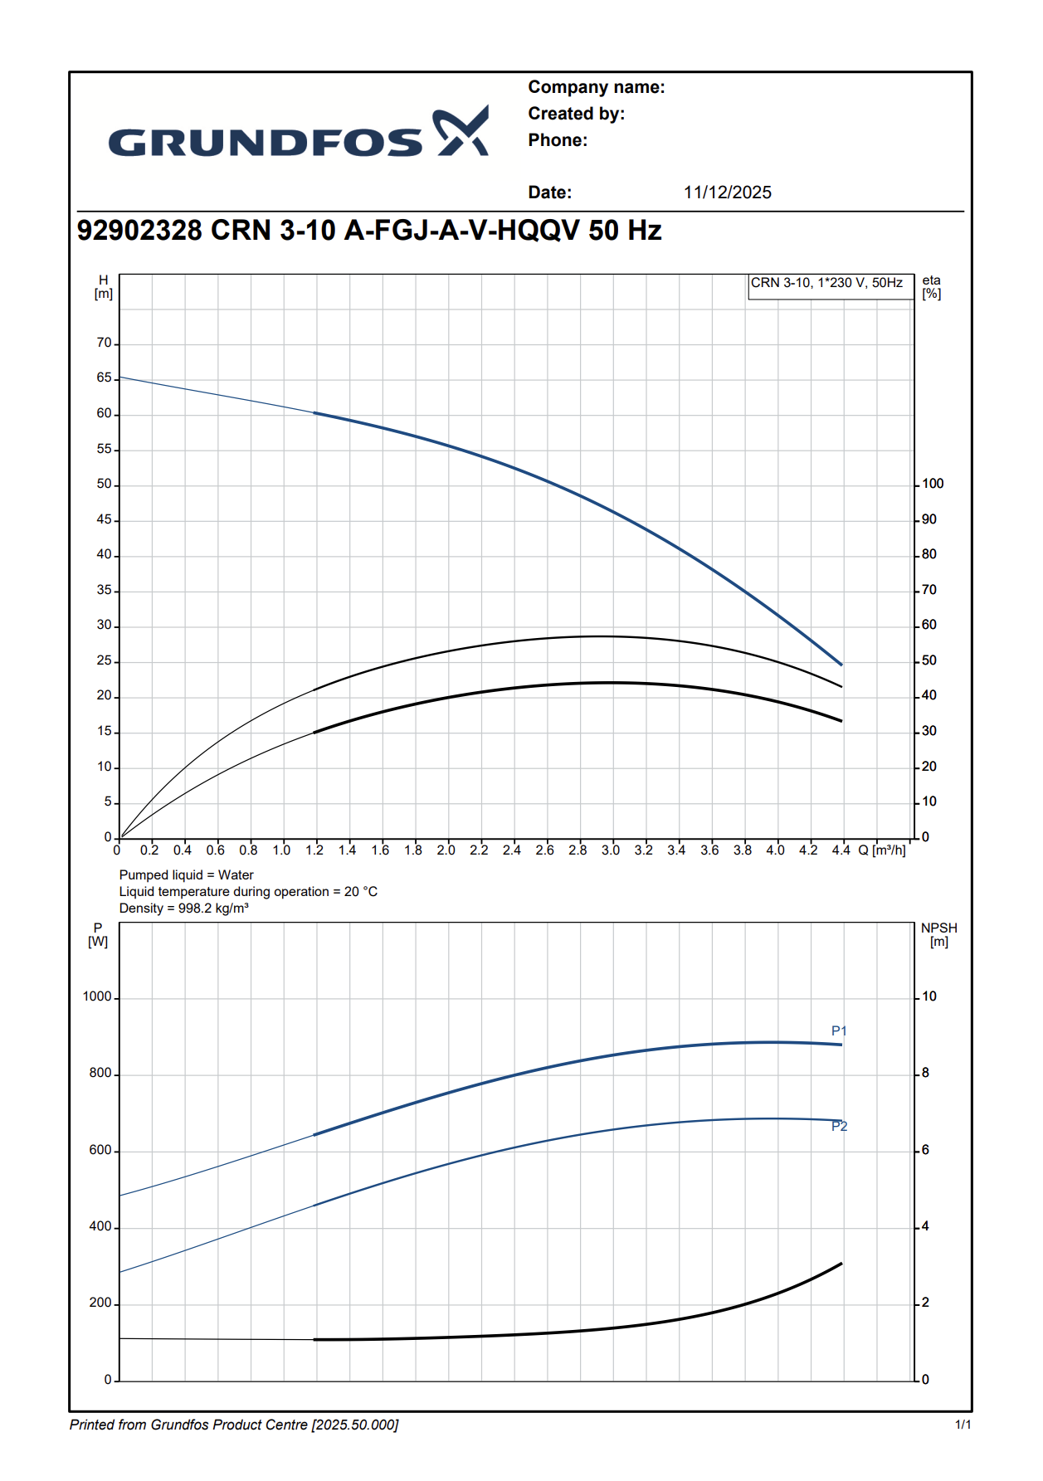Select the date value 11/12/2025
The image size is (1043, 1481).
point(727,192)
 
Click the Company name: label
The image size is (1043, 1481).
point(596,87)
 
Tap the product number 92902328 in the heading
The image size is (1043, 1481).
point(139,230)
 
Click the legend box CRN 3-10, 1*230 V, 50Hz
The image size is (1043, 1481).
point(826,283)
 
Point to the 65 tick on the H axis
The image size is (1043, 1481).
point(105,378)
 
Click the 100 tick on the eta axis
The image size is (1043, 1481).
point(933,484)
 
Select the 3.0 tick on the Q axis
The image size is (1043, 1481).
point(611,850)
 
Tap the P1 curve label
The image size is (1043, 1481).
point(839,1031)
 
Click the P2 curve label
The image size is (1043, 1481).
point(839,1126)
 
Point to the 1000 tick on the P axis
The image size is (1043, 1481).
point(97,996)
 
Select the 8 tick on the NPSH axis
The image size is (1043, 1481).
point(925,1073)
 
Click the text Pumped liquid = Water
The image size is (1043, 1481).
point(187,874)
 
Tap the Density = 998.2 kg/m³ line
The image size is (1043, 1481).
point(184,908)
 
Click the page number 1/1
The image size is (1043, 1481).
point(963,1425)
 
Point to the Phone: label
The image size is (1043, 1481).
point(558,140)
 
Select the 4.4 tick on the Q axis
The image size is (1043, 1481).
point(841,850)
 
